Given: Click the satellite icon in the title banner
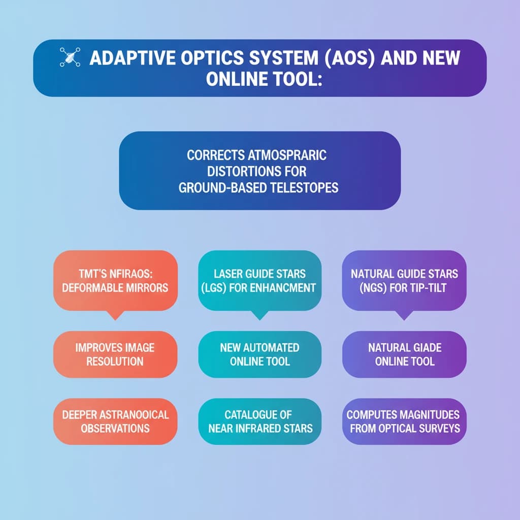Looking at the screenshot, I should click(x=67, y=57).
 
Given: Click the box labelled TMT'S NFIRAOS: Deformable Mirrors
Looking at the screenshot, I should click(x=115, y=280).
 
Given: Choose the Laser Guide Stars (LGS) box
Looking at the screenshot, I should click(x=259, y=280).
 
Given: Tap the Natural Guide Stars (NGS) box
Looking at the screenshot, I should click(x=404, y=280).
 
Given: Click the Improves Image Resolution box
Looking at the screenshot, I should click(x=115, y=354).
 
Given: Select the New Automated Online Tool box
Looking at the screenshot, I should click(x=259, y=354).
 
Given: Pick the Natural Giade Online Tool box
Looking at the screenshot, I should click(x=404, y=354).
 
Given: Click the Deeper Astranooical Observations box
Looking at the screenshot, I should click(x=115, y=421).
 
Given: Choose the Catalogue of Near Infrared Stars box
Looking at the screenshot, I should click(x=259, y=421).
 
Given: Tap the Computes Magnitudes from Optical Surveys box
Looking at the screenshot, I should click(x=404, y=421).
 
